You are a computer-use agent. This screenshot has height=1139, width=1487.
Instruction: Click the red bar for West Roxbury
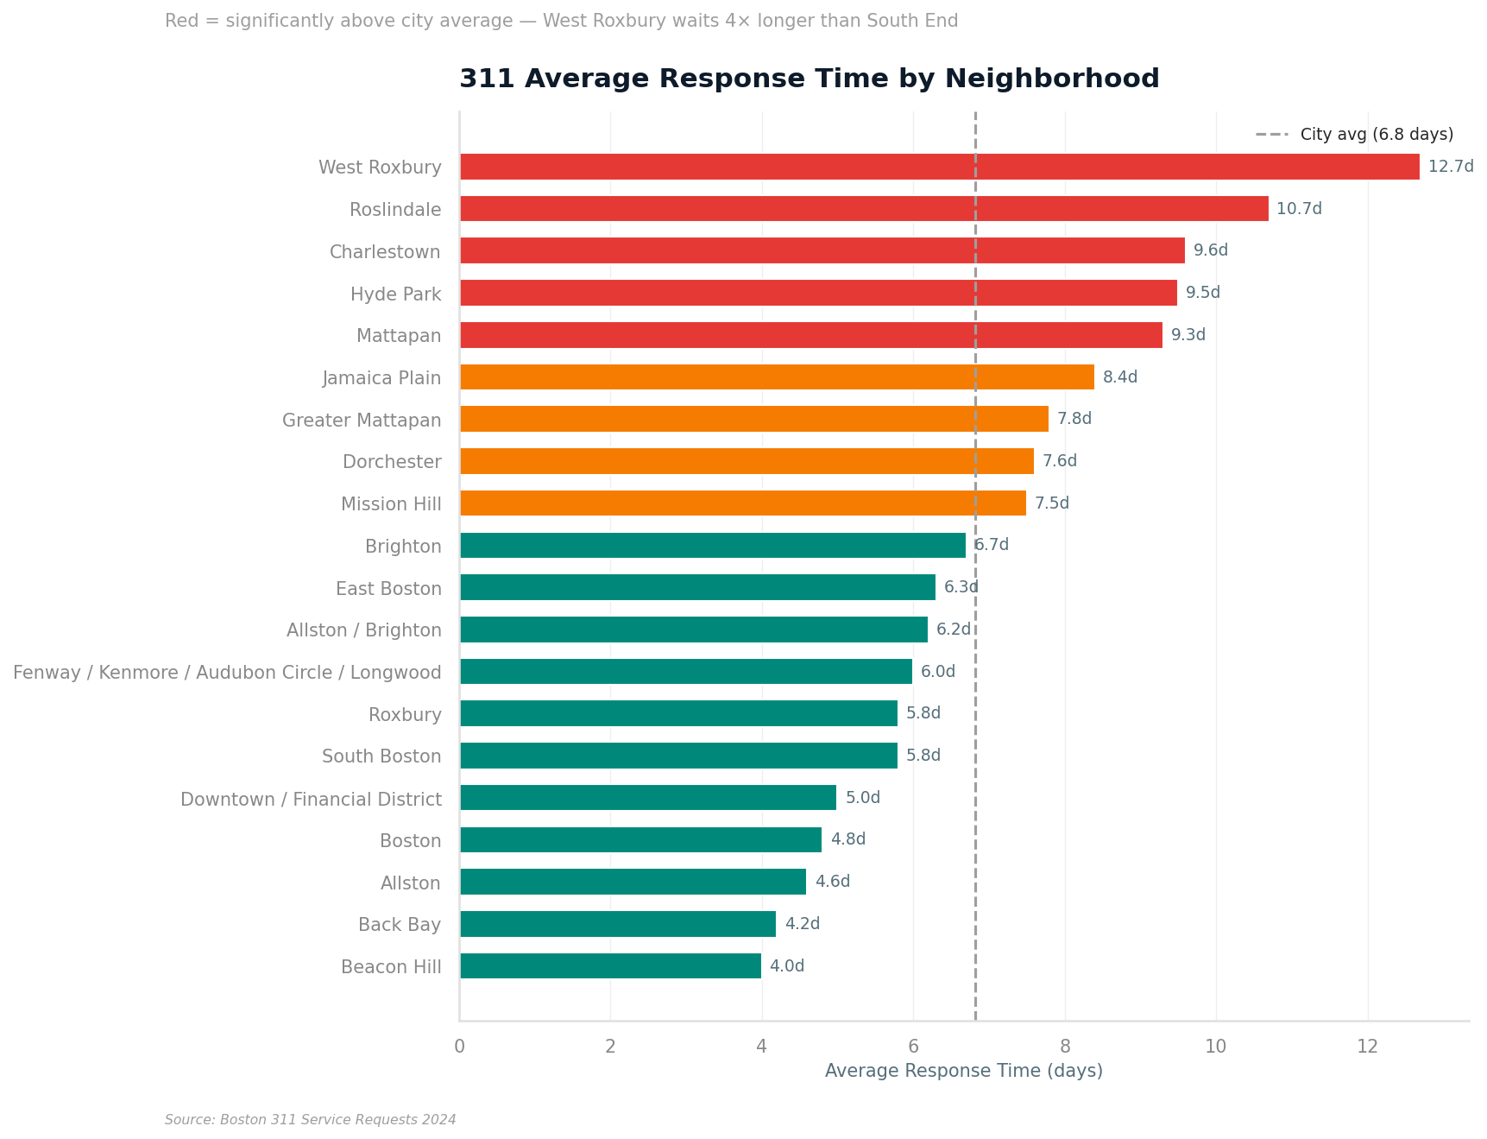(x=939, y=167)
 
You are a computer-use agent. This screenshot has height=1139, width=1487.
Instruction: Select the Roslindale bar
(x=863, y=209)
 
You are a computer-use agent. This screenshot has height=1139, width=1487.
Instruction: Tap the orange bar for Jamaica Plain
(x=777, y=377)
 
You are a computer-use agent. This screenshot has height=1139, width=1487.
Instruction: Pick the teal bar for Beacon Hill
(x=610, y=965)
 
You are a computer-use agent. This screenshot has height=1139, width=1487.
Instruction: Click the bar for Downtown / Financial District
(x=647, y=798)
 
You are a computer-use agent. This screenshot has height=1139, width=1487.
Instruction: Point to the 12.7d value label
(x=1450, y=167)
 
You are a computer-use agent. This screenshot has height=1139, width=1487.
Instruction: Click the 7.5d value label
(x=1051, y=503)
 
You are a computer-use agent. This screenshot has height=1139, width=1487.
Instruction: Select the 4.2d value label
(x=802, y=924)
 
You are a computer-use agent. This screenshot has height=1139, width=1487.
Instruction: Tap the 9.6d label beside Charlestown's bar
(x=1210, y=250)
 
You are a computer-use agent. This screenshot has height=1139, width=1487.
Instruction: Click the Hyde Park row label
(x=395, y=294)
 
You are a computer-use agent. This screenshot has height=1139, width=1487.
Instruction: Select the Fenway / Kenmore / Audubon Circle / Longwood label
(x=227, y=673)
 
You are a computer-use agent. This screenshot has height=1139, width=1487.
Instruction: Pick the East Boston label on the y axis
(x=388, y=589)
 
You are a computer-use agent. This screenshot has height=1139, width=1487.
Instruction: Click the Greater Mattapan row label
(x=362, y=421)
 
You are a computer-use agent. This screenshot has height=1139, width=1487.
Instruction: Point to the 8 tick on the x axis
(x=1064, y=1047)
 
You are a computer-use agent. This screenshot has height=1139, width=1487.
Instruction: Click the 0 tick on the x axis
(x=459, y=1047)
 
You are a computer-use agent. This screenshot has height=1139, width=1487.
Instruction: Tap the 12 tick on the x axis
(x=1367, y=1047)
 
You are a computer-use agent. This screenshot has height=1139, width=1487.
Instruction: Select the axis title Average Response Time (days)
(x=963, y=1071)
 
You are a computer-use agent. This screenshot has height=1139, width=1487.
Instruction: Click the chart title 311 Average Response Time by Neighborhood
(x=809, y=79)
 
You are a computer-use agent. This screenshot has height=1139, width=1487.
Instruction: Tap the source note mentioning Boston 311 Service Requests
(x=310, y=1120)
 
